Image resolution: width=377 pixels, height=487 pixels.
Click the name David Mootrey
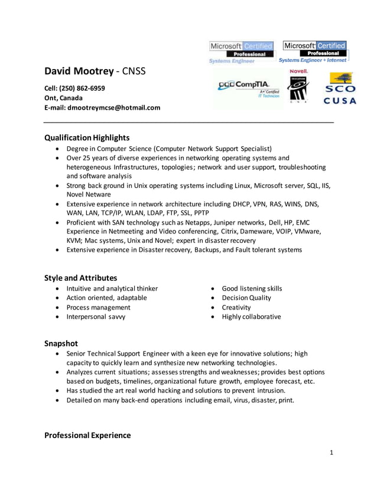tap(79, 71)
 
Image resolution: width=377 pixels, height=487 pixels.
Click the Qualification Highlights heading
tap(87, 137)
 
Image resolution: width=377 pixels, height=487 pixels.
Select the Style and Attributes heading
tap(81, 278)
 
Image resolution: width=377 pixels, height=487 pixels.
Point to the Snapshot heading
tap(61, 343)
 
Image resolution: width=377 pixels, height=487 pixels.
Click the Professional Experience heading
tap(87, 435)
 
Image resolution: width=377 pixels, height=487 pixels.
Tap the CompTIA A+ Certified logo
tap(249, 88)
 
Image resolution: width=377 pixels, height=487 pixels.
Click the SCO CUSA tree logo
tap(340, 88)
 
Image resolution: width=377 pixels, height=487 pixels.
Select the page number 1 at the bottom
tap(331, 453)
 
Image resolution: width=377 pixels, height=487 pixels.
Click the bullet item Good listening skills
tap(252, 288)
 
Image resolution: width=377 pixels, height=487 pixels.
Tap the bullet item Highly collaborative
tap(251, 317)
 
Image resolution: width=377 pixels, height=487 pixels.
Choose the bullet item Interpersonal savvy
tap(96, 317)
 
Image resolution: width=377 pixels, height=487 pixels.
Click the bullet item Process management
tap(98, 307)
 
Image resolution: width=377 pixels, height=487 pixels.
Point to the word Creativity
tap(236, 307)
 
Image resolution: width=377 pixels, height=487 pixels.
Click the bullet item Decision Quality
tap(246, 298)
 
